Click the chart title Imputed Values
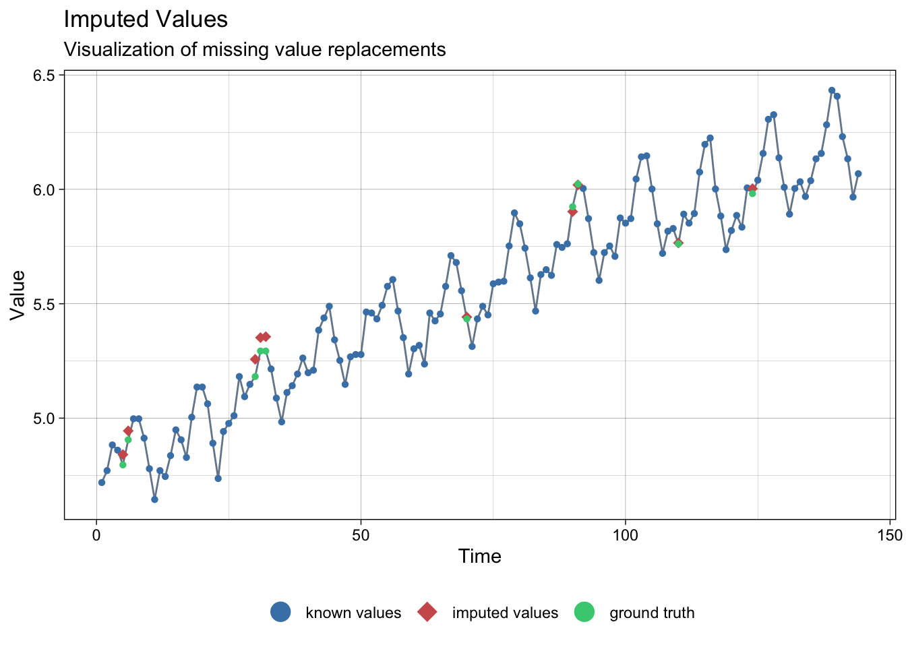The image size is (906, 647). [146, 20]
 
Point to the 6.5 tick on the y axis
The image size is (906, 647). [44, 75]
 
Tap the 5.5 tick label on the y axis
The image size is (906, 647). [44, 304]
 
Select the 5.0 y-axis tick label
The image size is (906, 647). [44, 419]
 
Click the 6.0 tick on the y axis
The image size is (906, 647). [44, 189]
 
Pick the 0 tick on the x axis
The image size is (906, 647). [96, 535]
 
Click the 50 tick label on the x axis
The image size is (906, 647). [361, 535]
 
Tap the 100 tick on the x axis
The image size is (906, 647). [625, 535]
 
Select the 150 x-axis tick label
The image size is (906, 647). [890, 535]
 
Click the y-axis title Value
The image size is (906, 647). [18, 295]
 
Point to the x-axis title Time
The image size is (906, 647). [479, 557]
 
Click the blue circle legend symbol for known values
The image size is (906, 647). [280, 612]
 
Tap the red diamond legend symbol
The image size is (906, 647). [427, 612]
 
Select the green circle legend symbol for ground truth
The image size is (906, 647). [584, 612]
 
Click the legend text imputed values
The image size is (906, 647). [505, 613]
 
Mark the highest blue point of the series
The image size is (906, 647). [831, 90]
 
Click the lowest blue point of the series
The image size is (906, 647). [154, 499]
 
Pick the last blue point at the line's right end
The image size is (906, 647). [858, 174]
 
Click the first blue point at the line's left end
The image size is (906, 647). [102, 483]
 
